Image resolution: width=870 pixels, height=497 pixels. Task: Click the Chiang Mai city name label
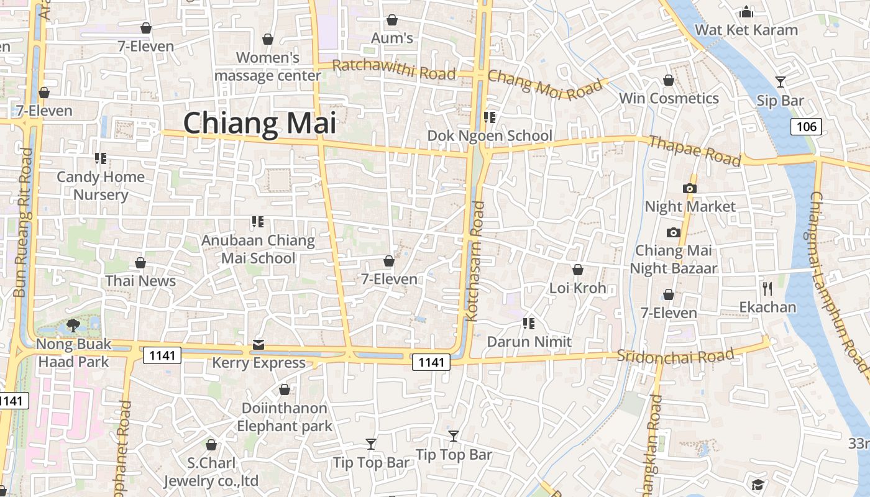[260, 123]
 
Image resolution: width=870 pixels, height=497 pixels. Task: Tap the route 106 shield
[806, 127]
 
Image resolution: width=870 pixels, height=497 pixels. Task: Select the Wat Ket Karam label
[746, 30]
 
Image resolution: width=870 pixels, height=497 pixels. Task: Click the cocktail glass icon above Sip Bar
[781, 81]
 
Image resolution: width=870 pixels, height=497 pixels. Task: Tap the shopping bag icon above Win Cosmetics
[669, 80]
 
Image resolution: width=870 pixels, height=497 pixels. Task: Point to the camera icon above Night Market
[689, 188]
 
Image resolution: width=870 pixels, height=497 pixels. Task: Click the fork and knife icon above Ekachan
[767, 288]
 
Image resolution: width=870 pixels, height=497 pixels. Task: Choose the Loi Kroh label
[577, 288]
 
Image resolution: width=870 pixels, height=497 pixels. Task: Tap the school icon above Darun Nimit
[529, 323]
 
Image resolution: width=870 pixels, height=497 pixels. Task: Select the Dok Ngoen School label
[490, 136]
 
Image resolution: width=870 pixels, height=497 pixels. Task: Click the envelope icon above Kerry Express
[259, 345]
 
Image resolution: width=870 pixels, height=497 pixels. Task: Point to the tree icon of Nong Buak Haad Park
[73, 325]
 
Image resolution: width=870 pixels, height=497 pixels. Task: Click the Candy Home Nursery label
[101, 186]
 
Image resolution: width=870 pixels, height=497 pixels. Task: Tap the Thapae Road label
[695, 151]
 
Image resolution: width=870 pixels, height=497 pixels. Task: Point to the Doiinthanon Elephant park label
[285, 417]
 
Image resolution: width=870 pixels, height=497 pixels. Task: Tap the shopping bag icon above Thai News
[140, 263]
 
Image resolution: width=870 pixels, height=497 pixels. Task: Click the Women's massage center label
[268, 66]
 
